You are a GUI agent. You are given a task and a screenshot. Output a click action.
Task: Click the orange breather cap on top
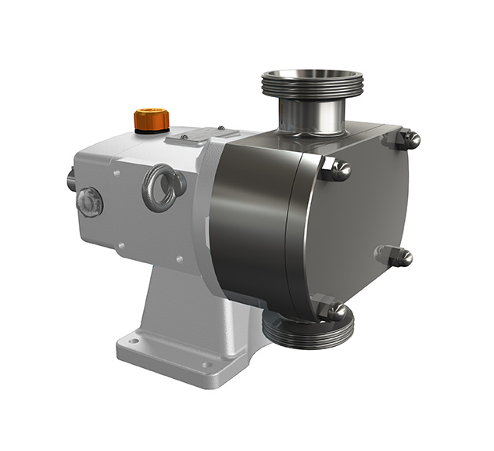[151, 119]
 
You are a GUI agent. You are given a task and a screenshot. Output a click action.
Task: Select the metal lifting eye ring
[163, 187]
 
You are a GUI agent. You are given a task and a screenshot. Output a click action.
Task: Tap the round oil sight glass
[89, 201]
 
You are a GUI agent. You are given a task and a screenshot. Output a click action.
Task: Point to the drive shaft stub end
[70, 182]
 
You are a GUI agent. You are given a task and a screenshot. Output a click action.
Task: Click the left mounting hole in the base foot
[134, 341]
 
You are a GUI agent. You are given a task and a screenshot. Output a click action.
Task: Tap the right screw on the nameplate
[221, 128]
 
